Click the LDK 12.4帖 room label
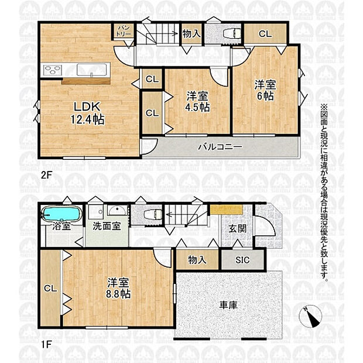click(x=87, y=113)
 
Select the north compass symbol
click(x=310, y=317)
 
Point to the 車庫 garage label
click(x=228, y=305)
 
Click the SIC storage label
click(x=242, y=260)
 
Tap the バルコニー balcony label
click(x=220, y=147)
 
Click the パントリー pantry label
click(x=124, y=31)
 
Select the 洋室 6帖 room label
click(x=265, y=90)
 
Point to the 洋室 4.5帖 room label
click(x=197, y=101)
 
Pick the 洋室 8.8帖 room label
click(x=118, y=288)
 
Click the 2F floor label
click(x=46, y=175)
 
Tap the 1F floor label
click(x=46, y=344)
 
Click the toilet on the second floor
click(x=232, y=34)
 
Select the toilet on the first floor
click(x=153, y=214)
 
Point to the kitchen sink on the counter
click(x=92, y=70)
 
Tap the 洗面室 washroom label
click(x=107, y=226)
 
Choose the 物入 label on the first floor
click(x=197, y=260)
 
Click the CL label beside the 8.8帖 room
click(x=50, y=288)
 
